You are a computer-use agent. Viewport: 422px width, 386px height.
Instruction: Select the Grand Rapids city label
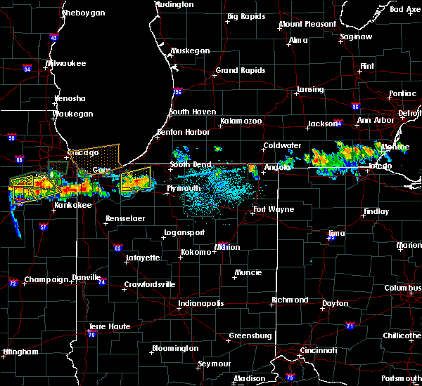click(x=241, y=70)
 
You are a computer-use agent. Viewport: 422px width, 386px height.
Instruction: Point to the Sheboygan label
click(x=83, y=13)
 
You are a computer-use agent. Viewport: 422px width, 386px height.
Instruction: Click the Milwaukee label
click(x=65, y=63)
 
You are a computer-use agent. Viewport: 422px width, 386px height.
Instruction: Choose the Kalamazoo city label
click(x=241, y=121)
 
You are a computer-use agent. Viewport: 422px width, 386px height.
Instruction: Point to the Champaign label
click(x=46, y=279)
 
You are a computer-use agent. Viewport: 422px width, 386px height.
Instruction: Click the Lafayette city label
click(x=143, y=258)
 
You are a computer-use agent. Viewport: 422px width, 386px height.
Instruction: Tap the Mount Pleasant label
click(x=307, y=24)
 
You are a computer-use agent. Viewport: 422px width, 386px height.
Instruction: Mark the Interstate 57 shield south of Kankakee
click(x=44, y=227)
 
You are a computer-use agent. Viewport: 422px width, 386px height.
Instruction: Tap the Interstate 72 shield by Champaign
click(x=13, y=284)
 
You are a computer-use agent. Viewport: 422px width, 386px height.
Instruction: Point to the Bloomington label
click(x=175, y=348)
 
